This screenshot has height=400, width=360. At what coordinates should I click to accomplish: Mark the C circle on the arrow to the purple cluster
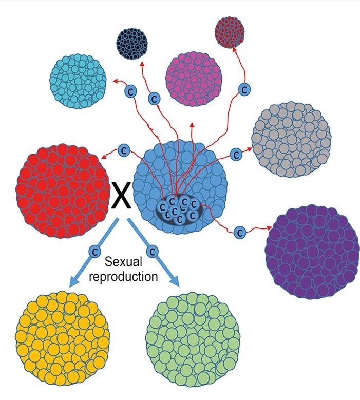[239, 232]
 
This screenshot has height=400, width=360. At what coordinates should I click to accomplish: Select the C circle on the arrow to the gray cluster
[236, 154]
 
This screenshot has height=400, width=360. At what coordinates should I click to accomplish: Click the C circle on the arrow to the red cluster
[123, 150]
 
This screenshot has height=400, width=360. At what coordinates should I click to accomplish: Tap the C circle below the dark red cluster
[245, 89]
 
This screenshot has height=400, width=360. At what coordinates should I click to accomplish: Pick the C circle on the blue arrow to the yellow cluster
[94, 252]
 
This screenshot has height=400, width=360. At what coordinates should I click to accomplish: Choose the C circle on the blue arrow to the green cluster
[151, 252]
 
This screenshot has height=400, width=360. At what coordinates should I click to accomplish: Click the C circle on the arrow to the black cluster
[153, 98]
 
